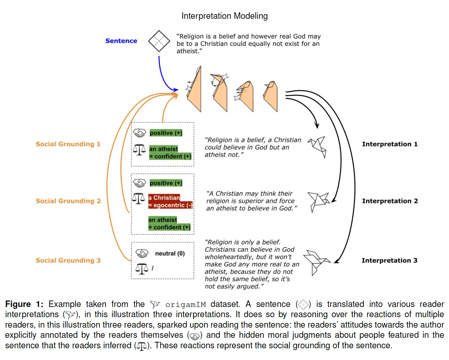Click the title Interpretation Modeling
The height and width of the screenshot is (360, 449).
pyautogui.click(x=224, y=16)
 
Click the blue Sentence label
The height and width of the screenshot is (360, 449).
pyautogui.click(x=121, y=41)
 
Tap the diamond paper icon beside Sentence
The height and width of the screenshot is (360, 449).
pyautogui.click(x=159, y=41)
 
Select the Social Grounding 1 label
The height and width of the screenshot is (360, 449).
pyautogui.click(x=68, y=144)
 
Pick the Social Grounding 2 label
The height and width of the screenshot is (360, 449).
pyautogui.click(x=68, y=201)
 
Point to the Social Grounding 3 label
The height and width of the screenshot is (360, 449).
pyautogui.click(x=68, y=260)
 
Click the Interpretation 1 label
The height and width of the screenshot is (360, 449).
pyautogui.click(x=390, y=144)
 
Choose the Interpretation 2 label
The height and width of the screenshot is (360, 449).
pyautogui.click(x=390, y=201)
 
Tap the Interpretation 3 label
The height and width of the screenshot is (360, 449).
pyautogui.click(x=389, y=260)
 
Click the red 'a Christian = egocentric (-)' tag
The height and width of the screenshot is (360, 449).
pyautogui.click(x=170, y=202)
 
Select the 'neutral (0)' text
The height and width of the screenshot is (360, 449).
pyautogui.click(x=170, y=253)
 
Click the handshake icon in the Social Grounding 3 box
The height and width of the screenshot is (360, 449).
pyautogui.click(x=142, y=253)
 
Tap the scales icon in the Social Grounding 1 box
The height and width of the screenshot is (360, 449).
pyautogui.click(x=139, y=149)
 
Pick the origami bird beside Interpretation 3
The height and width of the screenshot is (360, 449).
pyautogui.click(x=316, y=263)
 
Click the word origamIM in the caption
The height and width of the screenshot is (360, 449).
pyautogui.click(x=185, y=305)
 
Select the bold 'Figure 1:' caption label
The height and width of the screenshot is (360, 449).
pyautogui.click(x=24, y=304)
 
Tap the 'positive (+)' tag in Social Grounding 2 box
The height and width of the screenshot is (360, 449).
pyautogui.click(x=166, y=183)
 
